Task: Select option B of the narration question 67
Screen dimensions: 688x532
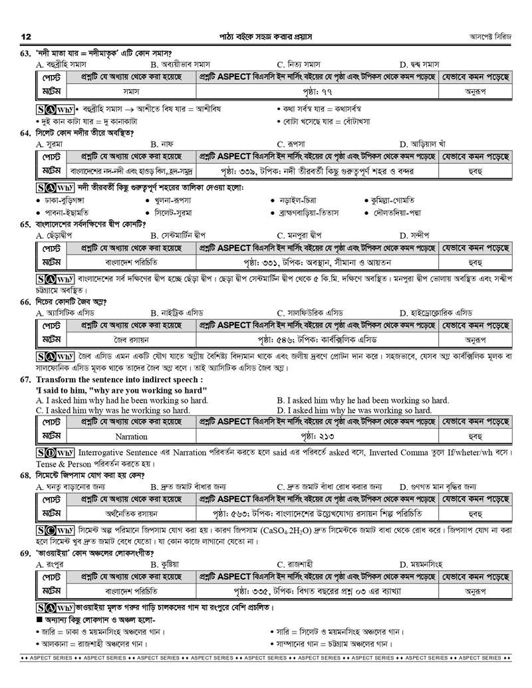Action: pyautogui.click(x=363, y=400)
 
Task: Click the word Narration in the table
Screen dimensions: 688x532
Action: pyautogui.click(x=131, y=437)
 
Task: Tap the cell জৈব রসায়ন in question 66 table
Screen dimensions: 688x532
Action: pyautogui.click(x=131, y=338)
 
